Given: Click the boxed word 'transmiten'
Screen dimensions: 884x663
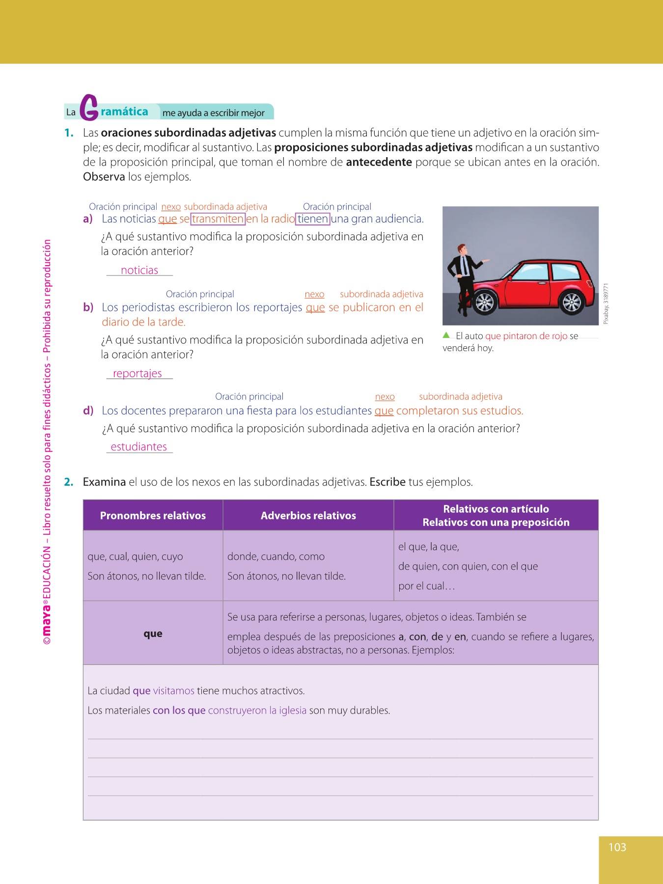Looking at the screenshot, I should point(218,219).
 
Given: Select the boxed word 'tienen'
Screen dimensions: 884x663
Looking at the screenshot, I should point(313,219).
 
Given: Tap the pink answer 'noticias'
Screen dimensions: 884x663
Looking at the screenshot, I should point(139,270).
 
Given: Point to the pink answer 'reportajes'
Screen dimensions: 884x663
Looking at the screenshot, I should point(138,373).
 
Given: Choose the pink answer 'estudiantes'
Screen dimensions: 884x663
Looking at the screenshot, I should point(139,447).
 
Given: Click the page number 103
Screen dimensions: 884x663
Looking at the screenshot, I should point(617,847).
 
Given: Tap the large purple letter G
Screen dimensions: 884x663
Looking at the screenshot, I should point(89,108).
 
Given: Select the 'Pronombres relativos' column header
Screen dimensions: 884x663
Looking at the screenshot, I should point(153,516).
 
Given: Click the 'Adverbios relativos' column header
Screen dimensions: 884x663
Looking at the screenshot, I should point(308,516).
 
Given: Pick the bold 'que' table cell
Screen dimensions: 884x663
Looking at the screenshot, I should point(153,634).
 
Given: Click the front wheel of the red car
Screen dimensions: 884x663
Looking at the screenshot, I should point(484,302).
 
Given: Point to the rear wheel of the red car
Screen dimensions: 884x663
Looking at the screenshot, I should point(571,302).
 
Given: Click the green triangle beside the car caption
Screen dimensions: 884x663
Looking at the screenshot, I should point(446,335).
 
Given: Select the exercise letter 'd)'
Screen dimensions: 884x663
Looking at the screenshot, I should point(88,411).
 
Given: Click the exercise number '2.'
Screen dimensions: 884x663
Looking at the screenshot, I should point(69,482).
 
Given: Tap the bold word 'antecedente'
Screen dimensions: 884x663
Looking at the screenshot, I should point(379,163).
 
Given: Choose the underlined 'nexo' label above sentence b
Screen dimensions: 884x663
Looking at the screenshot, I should point(314,294).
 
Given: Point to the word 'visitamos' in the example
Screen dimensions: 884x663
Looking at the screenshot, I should point(174,691).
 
